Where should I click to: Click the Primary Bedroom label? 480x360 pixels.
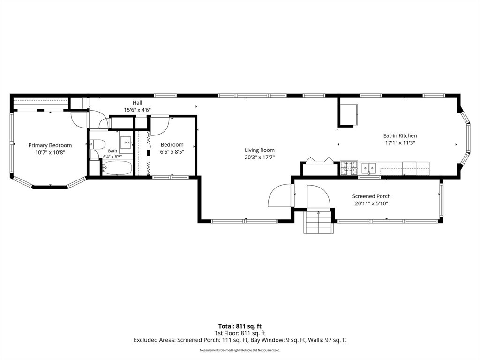point(50,145)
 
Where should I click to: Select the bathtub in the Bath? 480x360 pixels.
point(117,167)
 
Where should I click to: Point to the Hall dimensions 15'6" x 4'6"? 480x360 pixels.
point(137,110)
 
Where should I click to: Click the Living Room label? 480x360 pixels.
point(260,150)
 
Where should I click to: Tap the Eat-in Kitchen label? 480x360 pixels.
point(400,135)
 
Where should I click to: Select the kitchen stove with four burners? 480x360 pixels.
point(349,168)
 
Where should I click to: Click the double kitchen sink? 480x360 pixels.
point(369,168)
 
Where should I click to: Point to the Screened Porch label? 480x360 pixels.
point(371,196)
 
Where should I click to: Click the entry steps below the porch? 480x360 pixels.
point(318,222)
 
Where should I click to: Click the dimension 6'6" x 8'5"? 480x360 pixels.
point(172,151)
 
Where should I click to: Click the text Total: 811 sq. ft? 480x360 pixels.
point(240,326)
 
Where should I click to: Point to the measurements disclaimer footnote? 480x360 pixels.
point(240,350)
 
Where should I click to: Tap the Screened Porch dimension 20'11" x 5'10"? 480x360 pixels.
point(371,203)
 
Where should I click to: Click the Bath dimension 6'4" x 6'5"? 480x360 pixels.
point(112,156)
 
